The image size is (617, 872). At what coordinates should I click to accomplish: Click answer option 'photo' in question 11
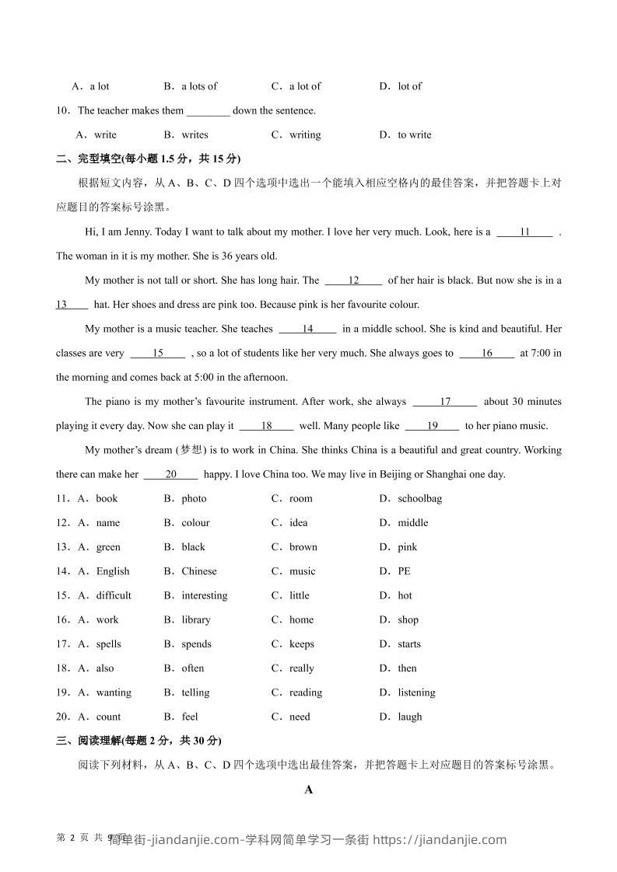pos(194,498)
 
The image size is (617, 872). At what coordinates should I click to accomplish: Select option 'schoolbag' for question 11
pos(419,498)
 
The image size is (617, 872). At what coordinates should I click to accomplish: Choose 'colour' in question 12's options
pos(195,522)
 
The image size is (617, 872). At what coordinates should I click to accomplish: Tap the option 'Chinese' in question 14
pos(199,571)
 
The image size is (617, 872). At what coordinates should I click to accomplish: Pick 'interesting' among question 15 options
pos(205,595)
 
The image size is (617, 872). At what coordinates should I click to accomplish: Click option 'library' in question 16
pos(196,619)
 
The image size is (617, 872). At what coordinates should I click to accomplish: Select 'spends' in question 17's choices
pos(196,644)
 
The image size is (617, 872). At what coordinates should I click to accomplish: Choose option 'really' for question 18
pos(301,668)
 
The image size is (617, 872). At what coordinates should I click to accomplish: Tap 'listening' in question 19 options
pos(416,692)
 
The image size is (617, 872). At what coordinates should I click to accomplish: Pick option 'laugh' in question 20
pos(410,717)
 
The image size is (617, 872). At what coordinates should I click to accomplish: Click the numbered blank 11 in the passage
pos(524,232)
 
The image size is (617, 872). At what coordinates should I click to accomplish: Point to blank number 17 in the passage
pos(445,402)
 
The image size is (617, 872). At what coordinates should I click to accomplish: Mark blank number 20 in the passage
pos(171,474)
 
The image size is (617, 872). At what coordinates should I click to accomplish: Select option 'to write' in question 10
pos(414,134)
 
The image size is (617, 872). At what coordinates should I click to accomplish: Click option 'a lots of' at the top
pos(199,86)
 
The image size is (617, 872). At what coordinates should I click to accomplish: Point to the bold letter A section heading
pos(308,790)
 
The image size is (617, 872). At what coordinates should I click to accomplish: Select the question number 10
pos(62,110)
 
